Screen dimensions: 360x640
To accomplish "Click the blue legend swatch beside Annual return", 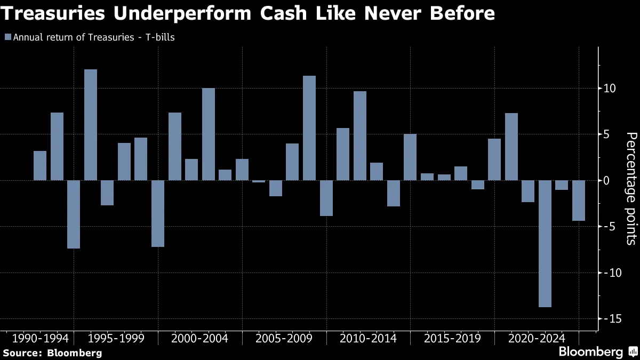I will coord(7,37).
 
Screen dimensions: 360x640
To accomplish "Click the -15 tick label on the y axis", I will coord(610,319).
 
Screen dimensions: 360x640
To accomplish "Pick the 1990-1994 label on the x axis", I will coord(40,338).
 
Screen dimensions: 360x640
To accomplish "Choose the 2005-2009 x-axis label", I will coord(284,338).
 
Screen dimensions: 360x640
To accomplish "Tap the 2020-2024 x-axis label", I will coord(537,338).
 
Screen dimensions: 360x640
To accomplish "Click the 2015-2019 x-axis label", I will coord(452,338).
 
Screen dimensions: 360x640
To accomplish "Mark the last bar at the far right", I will coord(579,200).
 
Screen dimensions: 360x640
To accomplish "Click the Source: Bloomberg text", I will coord(52,353).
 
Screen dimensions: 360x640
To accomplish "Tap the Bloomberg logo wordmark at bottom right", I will coord(590,352).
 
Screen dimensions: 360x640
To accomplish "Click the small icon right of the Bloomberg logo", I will coord(633,352).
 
